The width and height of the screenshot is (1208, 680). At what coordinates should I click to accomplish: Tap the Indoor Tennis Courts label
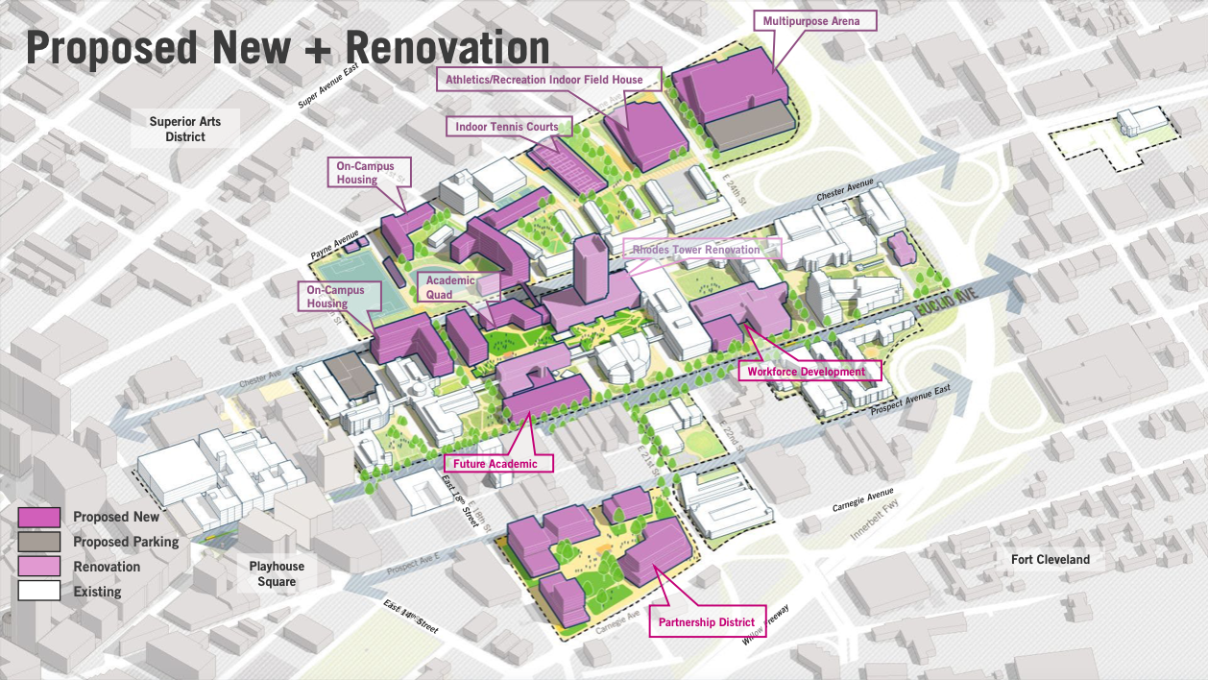tap(509, 126)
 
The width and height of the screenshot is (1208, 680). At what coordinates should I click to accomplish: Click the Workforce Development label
tap(807, 372)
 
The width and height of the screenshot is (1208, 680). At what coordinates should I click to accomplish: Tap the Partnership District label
tap(707, 622)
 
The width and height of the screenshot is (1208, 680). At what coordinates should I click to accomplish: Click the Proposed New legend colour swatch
tap(38, 517)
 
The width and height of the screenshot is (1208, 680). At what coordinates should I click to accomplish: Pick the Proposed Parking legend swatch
tap(38, 542)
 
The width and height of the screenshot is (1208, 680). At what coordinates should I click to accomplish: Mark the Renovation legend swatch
tap(38, 567)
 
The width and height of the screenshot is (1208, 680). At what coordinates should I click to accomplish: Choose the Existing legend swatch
tap(38, 592)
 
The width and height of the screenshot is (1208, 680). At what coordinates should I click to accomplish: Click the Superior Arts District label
tap(185, 129)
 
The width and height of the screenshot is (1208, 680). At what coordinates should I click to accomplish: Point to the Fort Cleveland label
tap(1051, 559)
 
